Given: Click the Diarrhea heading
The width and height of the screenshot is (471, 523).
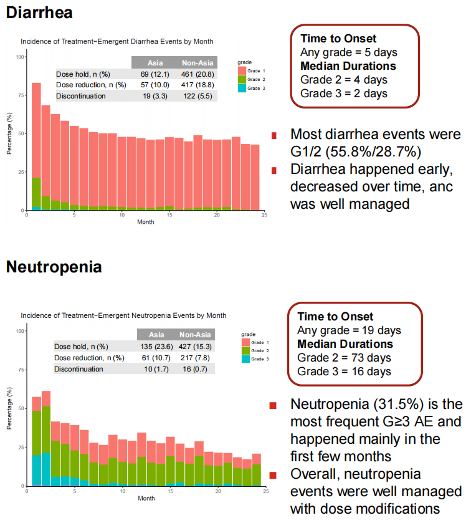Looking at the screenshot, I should coord(39,12).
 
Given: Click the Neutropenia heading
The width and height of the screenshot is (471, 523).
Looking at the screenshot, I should coord(54,267).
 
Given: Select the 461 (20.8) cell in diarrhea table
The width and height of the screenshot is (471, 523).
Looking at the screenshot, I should coord(196,74).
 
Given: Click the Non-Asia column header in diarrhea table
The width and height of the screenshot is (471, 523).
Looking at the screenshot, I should coord(196,63).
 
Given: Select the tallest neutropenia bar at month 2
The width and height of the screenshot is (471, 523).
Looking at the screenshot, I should coord(45,436).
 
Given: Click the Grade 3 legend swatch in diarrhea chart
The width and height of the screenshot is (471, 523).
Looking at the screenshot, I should coord(242,89).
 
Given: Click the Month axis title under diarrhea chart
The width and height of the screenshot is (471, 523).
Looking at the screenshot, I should coord(146,221).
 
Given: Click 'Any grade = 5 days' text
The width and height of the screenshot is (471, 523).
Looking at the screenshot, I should coord(348,52).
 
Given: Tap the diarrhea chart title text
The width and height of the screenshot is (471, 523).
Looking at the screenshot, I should coord(117,42).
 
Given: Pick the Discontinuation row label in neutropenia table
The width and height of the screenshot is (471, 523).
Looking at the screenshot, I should coord(80,369).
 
